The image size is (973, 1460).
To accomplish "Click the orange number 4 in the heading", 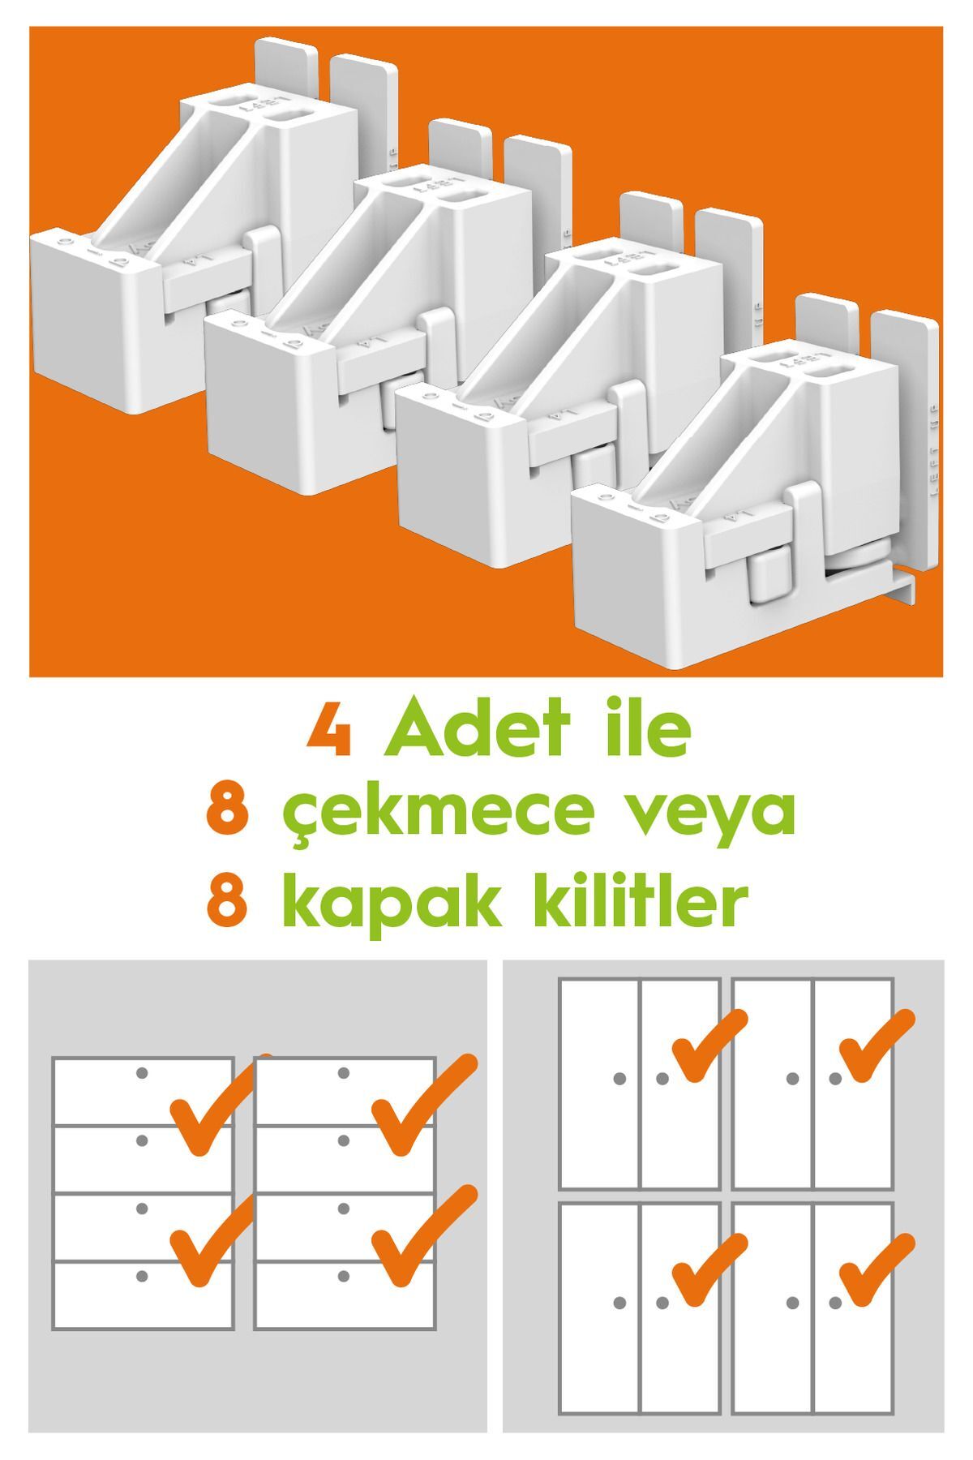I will coord(330,731).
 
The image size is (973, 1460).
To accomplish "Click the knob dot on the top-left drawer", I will coord(142,1073).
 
